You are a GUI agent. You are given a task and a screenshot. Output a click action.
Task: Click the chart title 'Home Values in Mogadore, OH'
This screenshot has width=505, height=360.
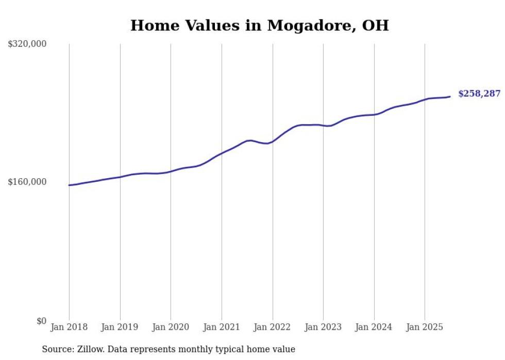point(259,25)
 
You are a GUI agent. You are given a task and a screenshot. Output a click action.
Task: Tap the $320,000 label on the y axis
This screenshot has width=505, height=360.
point(27,44)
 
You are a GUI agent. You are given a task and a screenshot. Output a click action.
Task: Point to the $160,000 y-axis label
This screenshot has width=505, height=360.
point(27,182)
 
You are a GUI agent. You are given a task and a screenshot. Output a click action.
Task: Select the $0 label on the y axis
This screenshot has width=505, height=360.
point(42,321)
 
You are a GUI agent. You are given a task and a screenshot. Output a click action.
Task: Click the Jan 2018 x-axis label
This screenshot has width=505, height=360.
point(69,327)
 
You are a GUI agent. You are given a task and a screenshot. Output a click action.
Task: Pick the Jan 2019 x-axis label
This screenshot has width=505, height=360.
point(120,327)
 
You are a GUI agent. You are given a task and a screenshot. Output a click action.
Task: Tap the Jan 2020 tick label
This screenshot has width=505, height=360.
point(171,327)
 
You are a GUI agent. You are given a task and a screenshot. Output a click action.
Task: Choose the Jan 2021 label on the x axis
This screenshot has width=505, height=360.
point(222,327)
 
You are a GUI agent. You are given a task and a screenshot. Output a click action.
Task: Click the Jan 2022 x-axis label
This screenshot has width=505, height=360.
point(273,327)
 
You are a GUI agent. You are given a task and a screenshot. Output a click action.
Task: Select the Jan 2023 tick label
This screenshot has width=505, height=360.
point(323,327)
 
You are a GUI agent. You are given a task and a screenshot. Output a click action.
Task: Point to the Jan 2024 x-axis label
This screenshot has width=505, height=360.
point(374,327)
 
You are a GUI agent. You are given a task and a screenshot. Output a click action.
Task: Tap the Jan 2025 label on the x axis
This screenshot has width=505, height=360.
point(425,327)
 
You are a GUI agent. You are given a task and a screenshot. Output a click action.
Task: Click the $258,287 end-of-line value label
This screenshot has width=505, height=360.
point(479,94)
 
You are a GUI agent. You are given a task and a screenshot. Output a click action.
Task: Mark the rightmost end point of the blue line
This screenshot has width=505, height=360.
point(450,96)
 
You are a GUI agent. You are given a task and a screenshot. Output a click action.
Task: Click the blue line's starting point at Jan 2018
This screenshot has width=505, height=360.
point(69,185)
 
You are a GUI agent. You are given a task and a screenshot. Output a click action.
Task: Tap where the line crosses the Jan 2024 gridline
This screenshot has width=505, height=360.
point(374,114)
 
